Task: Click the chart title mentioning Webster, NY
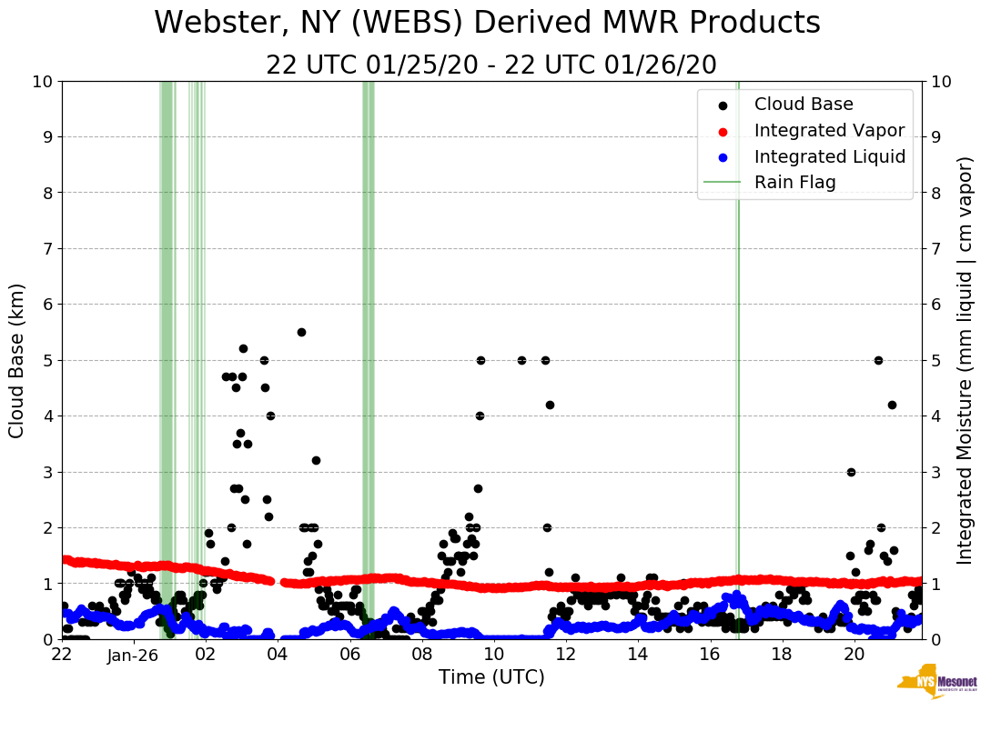point(487,24)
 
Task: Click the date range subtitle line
point(491,65)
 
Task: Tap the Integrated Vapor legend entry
point(829,130)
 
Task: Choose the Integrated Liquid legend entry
point(829,156)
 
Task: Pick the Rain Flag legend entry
point(794,182)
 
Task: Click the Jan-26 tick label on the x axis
point(134,655)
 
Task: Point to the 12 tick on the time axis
point(565,655)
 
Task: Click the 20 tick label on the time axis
point(854,655)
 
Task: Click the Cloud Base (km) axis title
point(17,360)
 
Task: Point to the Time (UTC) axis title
point(491,677)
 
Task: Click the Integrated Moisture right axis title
point(967,360)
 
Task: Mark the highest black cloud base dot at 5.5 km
point(301,332)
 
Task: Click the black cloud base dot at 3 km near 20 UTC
point(851,472)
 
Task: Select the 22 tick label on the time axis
point(62,655)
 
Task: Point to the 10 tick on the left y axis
point(42,81)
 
